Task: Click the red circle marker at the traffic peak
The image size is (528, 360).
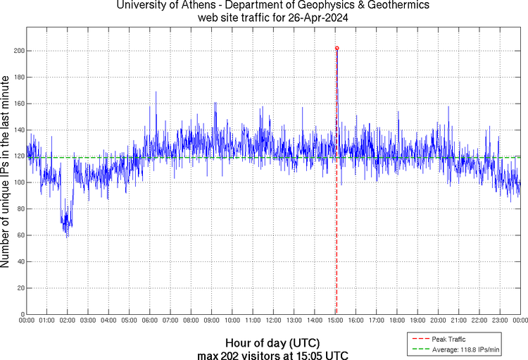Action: (337, 49)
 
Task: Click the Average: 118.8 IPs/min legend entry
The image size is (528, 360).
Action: (461, 349)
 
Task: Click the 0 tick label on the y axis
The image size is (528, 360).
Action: (23, 314)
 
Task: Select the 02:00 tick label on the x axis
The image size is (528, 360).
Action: (68, 321)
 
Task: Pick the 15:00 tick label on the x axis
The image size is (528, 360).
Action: (335, 321)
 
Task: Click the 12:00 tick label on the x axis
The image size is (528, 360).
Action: (273, 321)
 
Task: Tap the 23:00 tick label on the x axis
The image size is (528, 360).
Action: (500, 321)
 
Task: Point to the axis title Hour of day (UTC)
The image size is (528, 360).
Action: (272, 342)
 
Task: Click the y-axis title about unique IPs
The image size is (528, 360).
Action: (7, 173)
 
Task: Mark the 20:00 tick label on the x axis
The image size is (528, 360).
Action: (438, 321)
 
